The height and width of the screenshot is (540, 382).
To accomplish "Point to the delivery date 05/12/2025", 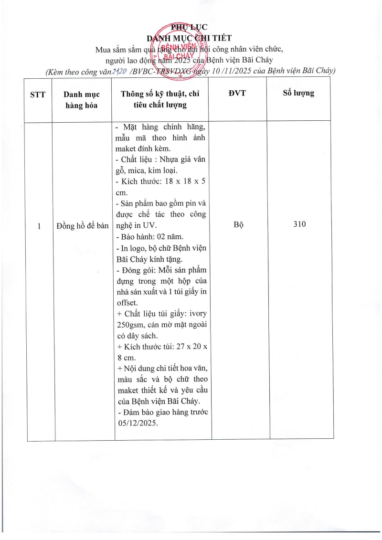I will coord(137,423).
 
